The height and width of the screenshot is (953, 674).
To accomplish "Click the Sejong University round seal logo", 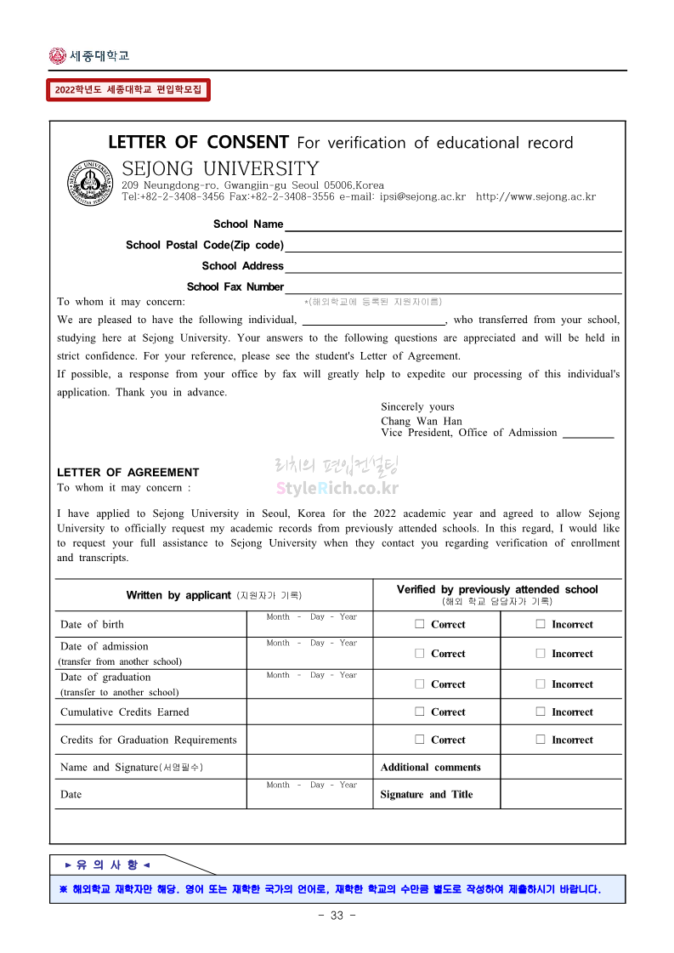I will (x=90, y=182).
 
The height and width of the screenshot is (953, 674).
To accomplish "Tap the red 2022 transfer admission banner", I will (x=127, y=89).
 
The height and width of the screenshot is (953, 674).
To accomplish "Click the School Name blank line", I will (x=453, y=225).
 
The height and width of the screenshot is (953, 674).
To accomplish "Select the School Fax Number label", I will (x=235, y=287).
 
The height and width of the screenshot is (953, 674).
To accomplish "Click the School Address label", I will (x=242, y=266).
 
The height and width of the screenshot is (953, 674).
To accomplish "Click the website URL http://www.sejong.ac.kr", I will (x=535, y=197).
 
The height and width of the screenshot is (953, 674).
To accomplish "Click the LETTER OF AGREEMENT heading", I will (x=127, y=473).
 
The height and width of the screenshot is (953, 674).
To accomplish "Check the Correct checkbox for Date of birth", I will (x=419, y=624).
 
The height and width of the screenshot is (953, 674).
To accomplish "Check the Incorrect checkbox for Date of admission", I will (x=541, y=654).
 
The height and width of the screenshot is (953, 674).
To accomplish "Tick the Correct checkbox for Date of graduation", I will (x=419, y=684).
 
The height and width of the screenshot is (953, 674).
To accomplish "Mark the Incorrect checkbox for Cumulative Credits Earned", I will (x=541, y=712).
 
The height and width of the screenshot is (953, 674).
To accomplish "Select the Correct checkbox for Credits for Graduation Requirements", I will (x=419, y=740).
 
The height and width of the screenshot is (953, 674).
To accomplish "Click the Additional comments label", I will (x=430, y=768).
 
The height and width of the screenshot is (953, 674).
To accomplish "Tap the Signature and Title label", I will (x=427, y=795).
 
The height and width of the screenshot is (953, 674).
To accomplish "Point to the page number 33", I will (x=337, y=916).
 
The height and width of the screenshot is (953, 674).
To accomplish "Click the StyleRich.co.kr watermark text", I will (x=337, y=489).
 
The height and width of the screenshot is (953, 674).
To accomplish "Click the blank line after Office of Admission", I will (x=588, y=434).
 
